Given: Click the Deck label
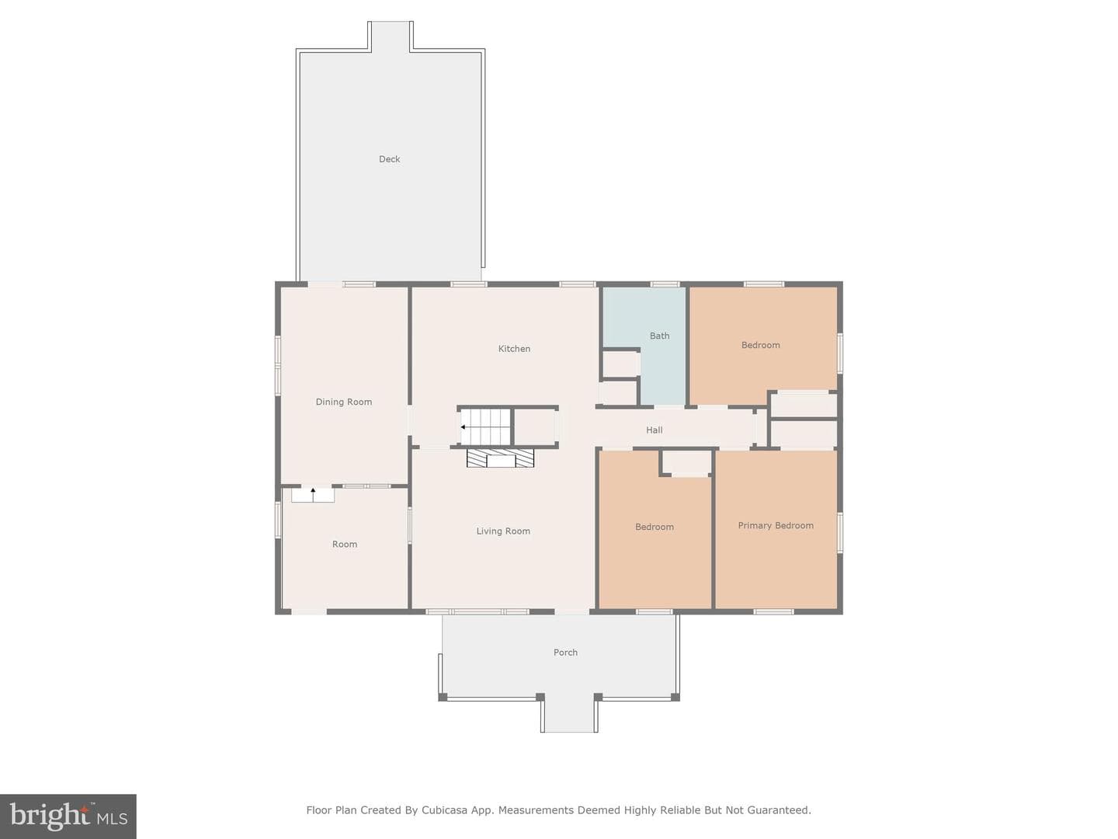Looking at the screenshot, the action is pos(389,159).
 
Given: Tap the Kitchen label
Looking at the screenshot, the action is pos(514,349).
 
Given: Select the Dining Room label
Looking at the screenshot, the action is pos(344,402).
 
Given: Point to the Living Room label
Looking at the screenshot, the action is pos(503,531).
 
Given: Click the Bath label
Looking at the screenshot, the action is pos(660,336).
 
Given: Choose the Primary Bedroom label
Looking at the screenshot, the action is pos(776,525).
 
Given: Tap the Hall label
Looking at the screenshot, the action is pos(654,430).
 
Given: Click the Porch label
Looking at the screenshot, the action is pos(565,652).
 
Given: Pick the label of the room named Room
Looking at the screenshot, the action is pos(345,544).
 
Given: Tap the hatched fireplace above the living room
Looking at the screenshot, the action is pos(500,458).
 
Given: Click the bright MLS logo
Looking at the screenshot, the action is pos(68,816).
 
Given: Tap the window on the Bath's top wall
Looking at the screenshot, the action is pos(665,284).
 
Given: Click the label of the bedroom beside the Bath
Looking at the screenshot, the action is pos(760,345).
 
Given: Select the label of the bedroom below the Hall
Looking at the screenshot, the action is pos(654,527).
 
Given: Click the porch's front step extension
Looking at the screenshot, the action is pos(569,715).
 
